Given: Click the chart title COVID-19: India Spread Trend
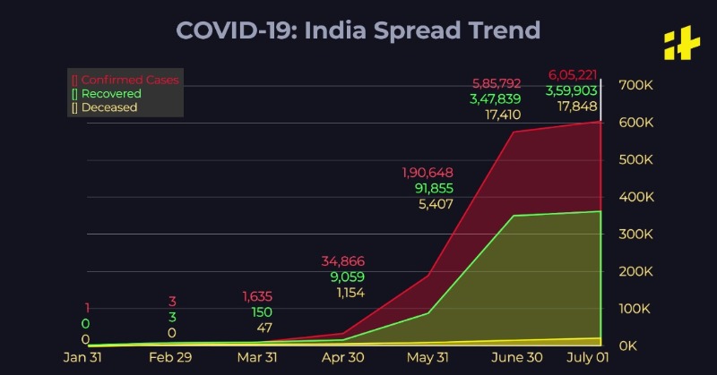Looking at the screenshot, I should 358,30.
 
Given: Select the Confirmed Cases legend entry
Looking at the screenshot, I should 125,80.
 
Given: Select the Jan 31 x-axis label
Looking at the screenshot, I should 88,358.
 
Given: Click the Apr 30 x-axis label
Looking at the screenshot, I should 343,358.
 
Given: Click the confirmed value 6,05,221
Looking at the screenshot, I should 573,74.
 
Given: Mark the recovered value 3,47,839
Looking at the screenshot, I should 495,98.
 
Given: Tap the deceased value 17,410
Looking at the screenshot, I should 505,115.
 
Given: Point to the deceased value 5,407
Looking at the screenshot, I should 436,204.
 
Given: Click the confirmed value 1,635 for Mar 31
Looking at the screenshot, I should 257,296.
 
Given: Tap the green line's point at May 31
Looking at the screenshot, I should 428,312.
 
